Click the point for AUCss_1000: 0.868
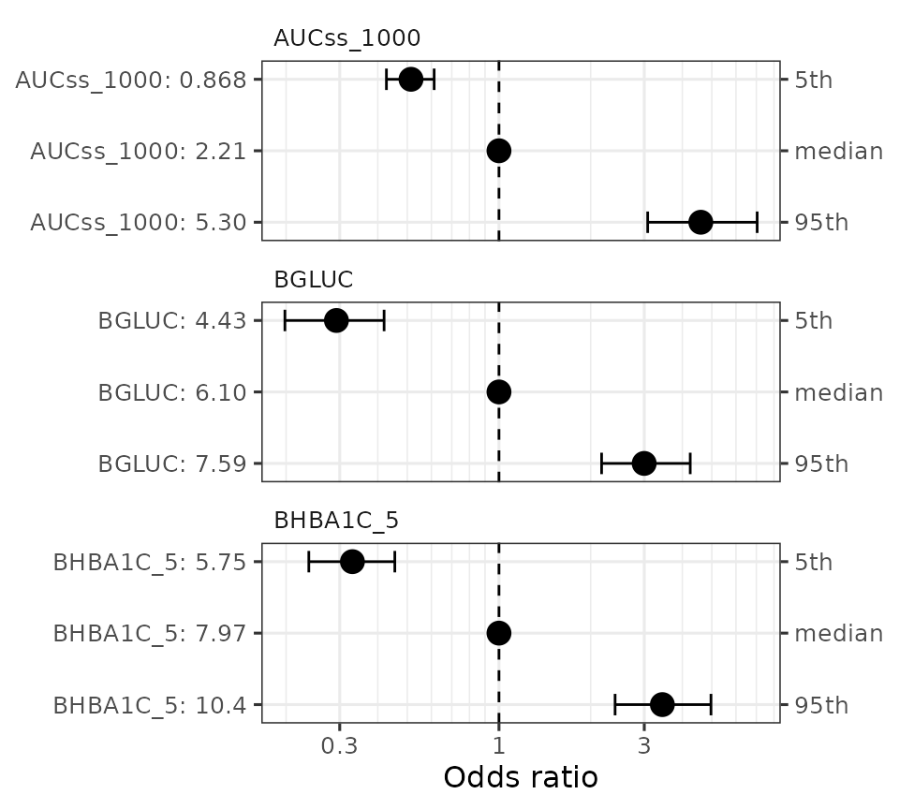[x=410, y=79]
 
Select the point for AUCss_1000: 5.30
[x=700, y=222]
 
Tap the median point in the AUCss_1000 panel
[x=498, y=150]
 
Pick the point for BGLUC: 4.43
[x=336, y=320]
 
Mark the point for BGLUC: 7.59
[x=643, y=463]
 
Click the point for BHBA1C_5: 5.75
[x=352, y=562]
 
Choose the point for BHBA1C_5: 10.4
[x=662, y=704]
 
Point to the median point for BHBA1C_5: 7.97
[x=498, y=633]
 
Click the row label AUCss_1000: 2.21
[x=138, y=151]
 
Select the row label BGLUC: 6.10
[x=171, y=392]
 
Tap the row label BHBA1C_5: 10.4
[x=150, y=705]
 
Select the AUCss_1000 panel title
[x=346, y=38]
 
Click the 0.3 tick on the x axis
[x=339, y=746]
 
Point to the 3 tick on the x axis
[x=644, y=746]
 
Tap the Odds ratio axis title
[x=520, y=778]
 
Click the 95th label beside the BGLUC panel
[x=821, y=463]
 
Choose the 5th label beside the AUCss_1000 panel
[x=813, y=80]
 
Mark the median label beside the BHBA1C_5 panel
[x=838, y=634]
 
